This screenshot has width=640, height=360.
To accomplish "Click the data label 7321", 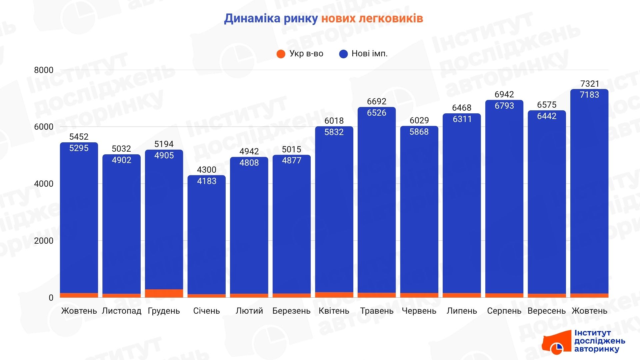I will [589, 84].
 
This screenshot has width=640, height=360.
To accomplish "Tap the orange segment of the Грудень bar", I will [164, 293].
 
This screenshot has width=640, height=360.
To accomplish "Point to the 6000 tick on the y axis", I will [44, 127].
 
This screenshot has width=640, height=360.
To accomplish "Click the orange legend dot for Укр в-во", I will [281, 54].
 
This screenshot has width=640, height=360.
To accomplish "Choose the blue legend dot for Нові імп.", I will [343, 54].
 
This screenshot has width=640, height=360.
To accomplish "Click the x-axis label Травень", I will [377, 311].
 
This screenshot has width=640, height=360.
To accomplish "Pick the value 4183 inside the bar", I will [206, 181].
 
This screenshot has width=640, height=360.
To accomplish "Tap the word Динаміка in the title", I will [252, 18].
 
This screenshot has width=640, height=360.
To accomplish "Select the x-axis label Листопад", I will [121, 311].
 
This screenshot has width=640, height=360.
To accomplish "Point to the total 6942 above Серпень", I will [504, 94].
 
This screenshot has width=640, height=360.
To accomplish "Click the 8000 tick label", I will [44, 70].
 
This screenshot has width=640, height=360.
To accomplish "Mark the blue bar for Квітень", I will [334, 213].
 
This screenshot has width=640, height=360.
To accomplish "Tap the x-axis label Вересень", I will [546, 311].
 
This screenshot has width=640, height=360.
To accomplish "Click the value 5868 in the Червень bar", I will [419, 132].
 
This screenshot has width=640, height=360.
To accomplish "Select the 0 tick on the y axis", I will [51, 298].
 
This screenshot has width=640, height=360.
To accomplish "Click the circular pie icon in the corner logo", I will [556, 349].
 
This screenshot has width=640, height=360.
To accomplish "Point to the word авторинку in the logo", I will [596, 349].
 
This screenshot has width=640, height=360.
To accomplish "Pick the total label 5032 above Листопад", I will [121, 149].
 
